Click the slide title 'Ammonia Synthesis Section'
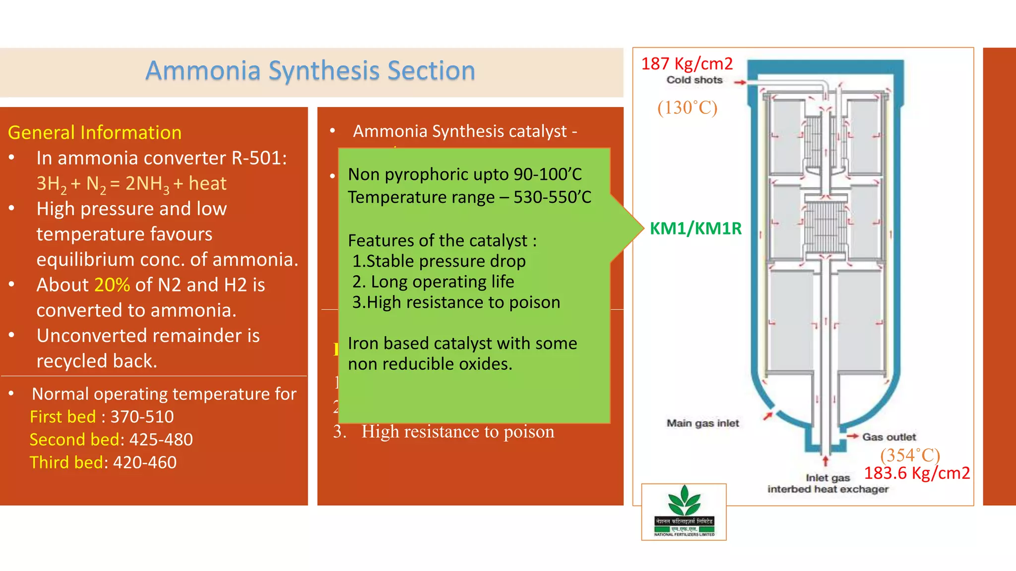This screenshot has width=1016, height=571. tap(310, 70)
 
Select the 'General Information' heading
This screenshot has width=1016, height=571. tap(95, 132)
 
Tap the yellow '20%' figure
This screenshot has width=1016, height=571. tap(112, 285)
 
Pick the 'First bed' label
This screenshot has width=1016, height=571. tap(63, 417)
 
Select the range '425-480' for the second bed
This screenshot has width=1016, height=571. tap(161, 440)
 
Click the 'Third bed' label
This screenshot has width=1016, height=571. tap(66, 462)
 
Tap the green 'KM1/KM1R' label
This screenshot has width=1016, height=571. tap(696, 228)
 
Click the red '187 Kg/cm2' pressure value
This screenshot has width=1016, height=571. tap(687, 64)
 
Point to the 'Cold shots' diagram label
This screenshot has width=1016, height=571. tap(694, 80)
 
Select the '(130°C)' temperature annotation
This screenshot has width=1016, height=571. tap(687, 108)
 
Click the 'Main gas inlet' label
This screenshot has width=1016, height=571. tap(702, 423)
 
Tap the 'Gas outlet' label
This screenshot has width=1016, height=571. tap(889, 437)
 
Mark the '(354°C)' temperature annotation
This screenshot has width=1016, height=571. tap(910, 455)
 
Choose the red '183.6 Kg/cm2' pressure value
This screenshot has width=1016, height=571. tap(917, 473)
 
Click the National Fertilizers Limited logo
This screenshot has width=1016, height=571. tap(684, 512)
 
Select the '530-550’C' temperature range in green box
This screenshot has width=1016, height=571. tap(552, 197)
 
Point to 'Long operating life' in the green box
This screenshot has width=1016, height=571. tap(443, 282)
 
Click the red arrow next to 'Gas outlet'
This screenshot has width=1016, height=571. tap(852, 436)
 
